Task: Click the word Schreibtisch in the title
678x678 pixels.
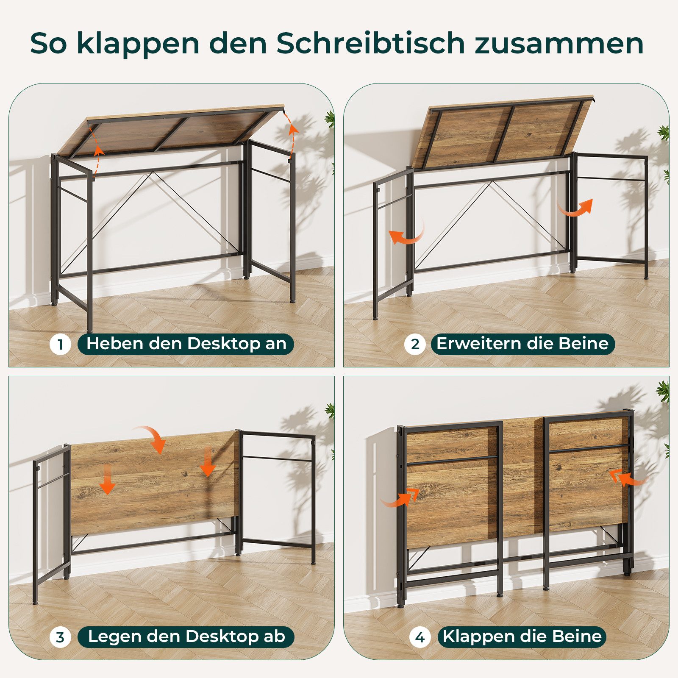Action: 371,43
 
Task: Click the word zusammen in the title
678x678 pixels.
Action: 559,43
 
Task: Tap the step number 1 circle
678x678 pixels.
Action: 60,345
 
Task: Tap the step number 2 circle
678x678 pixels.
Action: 415,344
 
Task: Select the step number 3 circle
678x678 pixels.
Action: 60,637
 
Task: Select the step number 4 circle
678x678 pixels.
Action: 420,637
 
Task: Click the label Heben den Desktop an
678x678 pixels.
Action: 186,344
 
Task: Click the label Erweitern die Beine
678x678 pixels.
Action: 522,344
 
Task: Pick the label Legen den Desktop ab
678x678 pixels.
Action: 186,636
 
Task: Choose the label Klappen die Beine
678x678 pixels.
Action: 522,636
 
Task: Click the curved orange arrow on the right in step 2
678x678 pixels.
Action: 576,208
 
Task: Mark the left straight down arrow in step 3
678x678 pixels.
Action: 108,479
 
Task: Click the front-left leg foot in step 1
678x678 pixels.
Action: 89,329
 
